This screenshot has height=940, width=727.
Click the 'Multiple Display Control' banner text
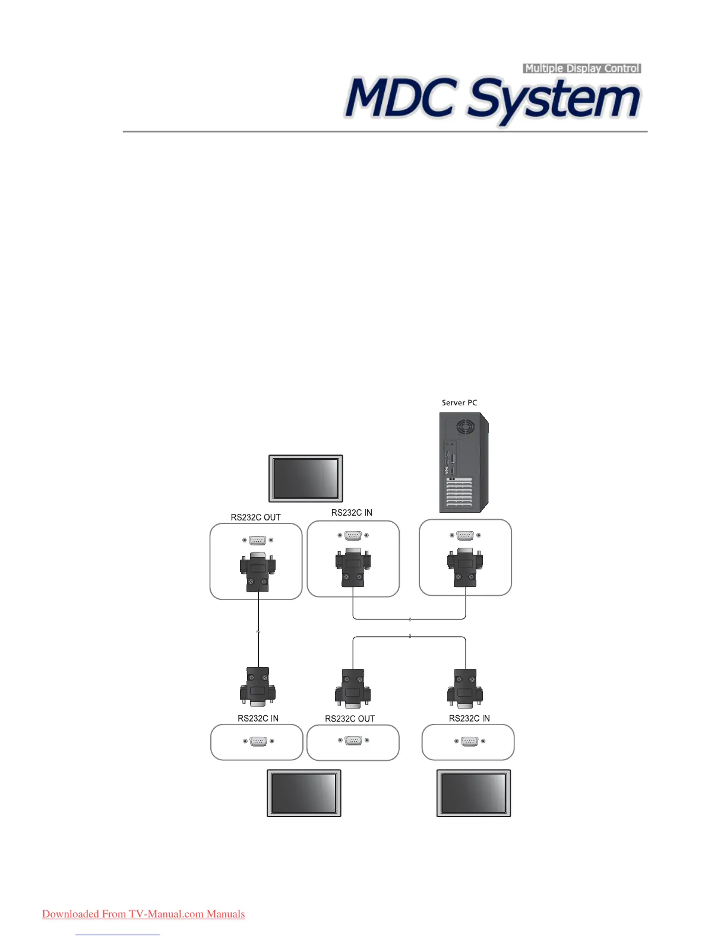point(582,68)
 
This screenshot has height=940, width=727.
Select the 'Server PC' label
point(459,403)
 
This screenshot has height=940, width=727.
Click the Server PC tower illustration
point(464,463)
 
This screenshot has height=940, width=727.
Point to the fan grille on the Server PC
point(466,427)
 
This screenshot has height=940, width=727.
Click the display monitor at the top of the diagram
point(306,478)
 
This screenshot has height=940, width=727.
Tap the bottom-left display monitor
point(304,793)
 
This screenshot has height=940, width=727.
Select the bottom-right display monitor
point(473,793)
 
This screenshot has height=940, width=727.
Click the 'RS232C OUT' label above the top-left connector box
point(255,517)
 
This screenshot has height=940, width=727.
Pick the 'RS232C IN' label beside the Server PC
point(352,513)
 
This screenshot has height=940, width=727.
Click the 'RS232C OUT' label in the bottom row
point(350,719)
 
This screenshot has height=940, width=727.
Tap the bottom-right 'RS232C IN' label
point(469,718)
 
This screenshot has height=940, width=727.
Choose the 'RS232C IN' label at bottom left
point(258,718)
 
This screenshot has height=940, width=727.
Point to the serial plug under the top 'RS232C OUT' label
point(257,572)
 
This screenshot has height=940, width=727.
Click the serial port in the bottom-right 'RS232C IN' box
point(469,741)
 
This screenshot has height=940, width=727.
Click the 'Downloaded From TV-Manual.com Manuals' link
point(143,914)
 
